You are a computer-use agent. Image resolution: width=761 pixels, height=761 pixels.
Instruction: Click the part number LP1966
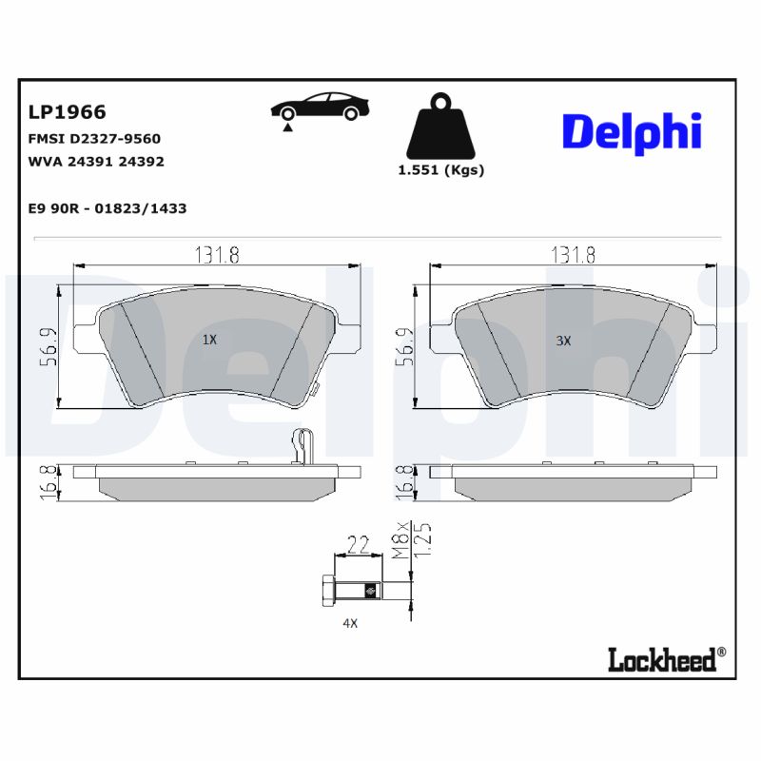67,112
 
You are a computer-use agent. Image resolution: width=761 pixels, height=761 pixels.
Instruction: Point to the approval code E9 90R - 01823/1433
107,208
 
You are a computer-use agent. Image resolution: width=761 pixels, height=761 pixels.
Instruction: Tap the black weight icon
439,128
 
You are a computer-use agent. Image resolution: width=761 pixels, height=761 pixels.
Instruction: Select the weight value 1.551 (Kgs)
440,170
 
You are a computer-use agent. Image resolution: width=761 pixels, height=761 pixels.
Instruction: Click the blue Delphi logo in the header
631,132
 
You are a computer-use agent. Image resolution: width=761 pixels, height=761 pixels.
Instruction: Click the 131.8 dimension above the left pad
217,254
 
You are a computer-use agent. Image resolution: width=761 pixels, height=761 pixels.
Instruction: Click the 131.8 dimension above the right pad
575,254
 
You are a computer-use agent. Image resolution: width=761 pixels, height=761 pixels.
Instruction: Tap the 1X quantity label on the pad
210,340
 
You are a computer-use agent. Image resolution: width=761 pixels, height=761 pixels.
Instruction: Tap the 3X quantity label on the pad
563,341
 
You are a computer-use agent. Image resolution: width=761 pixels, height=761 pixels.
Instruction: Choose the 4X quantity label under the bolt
350,624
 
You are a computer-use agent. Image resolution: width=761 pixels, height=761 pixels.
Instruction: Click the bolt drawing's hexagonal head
328,590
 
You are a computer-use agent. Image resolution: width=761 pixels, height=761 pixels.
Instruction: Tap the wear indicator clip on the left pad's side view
301,445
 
